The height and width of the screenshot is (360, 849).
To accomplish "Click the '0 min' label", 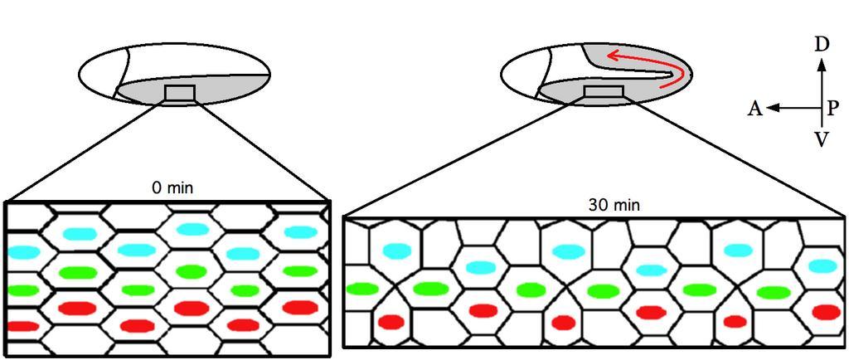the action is click(172, 188).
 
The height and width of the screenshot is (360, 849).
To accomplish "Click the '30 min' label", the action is click(614, 205).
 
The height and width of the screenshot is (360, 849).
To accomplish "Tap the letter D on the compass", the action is click(822, 45).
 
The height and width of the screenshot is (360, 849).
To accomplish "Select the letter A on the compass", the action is click(755, 109).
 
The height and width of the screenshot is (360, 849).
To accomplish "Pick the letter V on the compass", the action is click(822, 140).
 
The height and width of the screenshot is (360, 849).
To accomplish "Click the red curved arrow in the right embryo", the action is click(672, 64).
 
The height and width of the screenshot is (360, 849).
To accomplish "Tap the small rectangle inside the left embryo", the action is click(180, 93).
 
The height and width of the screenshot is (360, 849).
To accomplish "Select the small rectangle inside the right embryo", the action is click(604, 92).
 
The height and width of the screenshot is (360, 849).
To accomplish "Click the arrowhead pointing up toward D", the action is click(822, 64).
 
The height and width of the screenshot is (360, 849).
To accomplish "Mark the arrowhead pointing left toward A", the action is click(774, 109).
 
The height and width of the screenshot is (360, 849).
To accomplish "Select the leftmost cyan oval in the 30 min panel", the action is click(397, 251).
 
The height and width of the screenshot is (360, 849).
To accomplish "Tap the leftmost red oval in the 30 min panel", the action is click(391, 322).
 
